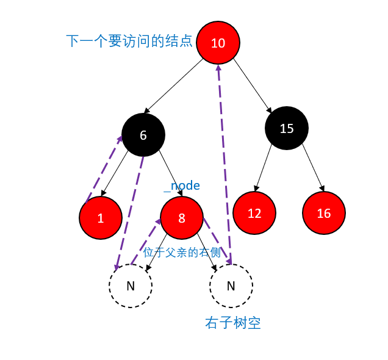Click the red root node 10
218,43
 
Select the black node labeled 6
143,135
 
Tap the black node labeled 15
287,129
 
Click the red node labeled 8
182,218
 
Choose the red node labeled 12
254,214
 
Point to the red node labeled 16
324,214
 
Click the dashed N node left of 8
131,286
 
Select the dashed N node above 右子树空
231,286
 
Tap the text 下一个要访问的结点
129,41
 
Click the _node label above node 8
182,185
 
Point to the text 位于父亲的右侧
182,253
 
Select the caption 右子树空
233,323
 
